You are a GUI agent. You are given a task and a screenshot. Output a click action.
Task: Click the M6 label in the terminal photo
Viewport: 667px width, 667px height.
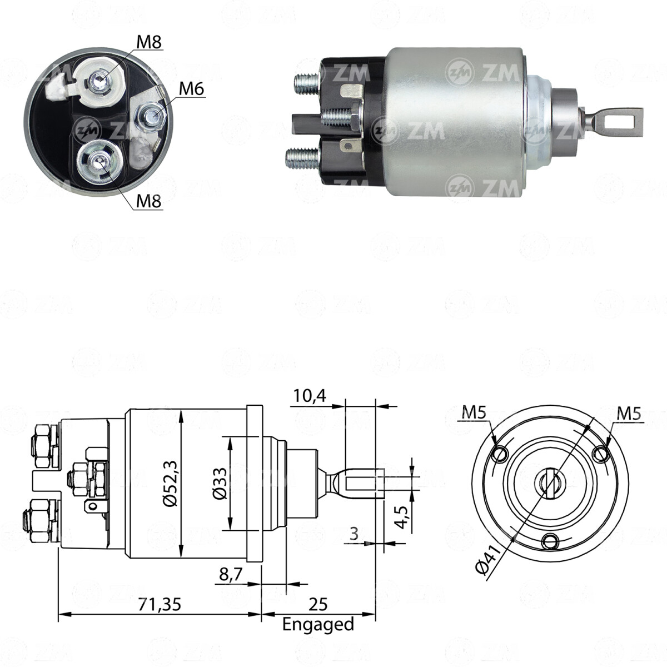point(192,89)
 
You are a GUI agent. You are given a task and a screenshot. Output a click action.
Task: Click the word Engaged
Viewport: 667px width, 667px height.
point(318,624)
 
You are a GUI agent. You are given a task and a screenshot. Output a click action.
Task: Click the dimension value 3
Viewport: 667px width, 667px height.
point(354,535)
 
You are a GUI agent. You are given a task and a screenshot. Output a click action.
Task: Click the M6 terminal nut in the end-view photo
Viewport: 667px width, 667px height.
point(152,115)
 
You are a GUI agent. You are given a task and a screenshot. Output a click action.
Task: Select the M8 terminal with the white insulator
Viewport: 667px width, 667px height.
point(100,82)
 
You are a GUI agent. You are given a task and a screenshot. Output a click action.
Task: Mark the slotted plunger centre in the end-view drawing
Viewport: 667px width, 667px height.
point(547,483)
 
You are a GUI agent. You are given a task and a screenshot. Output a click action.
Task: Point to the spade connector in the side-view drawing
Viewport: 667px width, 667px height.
point(91,507)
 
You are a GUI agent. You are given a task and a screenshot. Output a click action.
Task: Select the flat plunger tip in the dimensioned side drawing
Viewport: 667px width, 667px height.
point(361,482)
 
